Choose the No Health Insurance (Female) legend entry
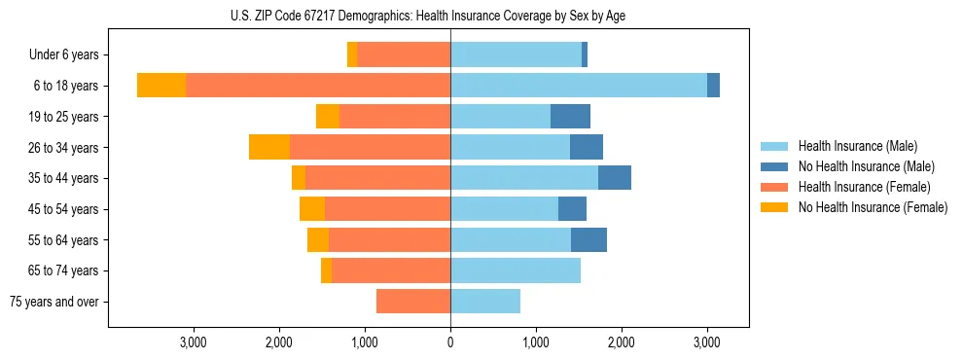pos(873,207)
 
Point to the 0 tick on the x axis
pos(450,342)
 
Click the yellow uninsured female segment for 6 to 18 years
pos(161,86)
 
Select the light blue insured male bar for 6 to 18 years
pos(579,86)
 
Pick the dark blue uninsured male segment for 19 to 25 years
pos(570,117)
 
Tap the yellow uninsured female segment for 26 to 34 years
pos(269,147)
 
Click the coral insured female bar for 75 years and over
pos(413,302)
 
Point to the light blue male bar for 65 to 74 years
pos(516,270)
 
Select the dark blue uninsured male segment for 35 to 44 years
pos(615,178)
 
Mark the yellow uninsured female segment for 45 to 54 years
pos(312,209)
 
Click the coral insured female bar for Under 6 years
pos(404,55)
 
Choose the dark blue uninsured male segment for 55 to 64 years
pos(588,240)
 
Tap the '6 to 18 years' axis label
pos(65,86)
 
